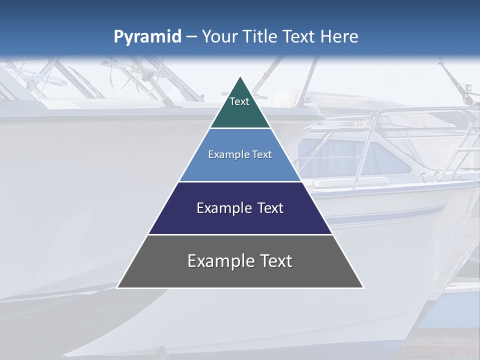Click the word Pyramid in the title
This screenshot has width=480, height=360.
tap(147, 37)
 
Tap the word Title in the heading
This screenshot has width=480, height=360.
tap(260, 37)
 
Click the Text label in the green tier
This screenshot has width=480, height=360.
tap(239, 101)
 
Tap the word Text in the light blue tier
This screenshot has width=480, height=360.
tap(261, 154)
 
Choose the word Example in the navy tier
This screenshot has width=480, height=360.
tap(222, 208)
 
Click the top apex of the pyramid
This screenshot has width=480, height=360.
tap(240, 77)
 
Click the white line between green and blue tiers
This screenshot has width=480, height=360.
tap(240, 128)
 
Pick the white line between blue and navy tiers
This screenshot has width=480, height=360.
tap(240, 181)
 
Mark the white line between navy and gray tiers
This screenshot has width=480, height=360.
tap(240, 234)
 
